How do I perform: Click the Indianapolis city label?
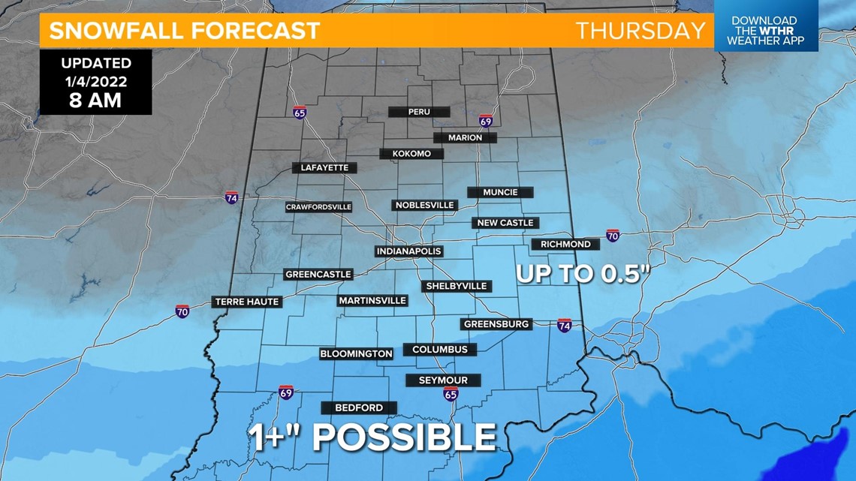tap(408, 251)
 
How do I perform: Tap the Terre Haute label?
tap(247, 302)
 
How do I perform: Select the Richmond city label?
tap(565, 244)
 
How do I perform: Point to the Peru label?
tap(419, 112)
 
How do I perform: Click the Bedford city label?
tap(359, 407)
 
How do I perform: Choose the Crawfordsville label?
tap(318, 207)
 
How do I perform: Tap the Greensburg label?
tap(496, 324)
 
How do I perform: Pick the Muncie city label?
tap(500, 192)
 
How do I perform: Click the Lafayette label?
tap(324, 167)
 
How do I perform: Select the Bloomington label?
tap(356, 353)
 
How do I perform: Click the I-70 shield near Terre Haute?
tap(182, 311)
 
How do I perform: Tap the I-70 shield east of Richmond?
tap(613, 236)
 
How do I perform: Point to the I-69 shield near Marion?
tap(486, 121)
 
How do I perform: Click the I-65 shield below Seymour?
tap(450, 394)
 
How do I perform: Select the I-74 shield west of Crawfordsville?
tap(232, 198)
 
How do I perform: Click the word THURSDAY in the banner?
tap(640, 31)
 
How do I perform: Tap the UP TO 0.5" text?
tap(582, 274)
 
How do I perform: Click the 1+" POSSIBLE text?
tap(372, 437)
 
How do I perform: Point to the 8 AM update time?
tap(95, 101)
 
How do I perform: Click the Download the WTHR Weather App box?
tap(764, 31)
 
